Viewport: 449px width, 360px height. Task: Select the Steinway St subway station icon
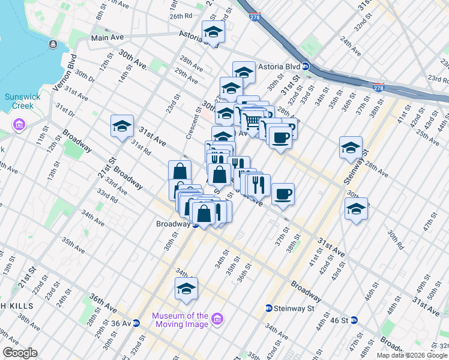(269, 308)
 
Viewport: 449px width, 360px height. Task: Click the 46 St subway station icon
(354, 320)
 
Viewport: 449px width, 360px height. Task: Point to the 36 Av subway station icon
(136, 323)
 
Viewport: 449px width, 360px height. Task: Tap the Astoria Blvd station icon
(306, 67)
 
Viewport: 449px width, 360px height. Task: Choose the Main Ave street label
(107, 37)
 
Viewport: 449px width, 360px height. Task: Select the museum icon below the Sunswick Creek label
(19, 125)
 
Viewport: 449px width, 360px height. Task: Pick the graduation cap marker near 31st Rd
(122, 127)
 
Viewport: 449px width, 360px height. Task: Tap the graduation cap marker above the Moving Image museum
(187, 289)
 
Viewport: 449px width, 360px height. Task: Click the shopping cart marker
(253, 121)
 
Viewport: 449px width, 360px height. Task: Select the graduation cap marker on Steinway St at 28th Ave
(351, 148)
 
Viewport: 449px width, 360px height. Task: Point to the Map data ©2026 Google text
(412, 355)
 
